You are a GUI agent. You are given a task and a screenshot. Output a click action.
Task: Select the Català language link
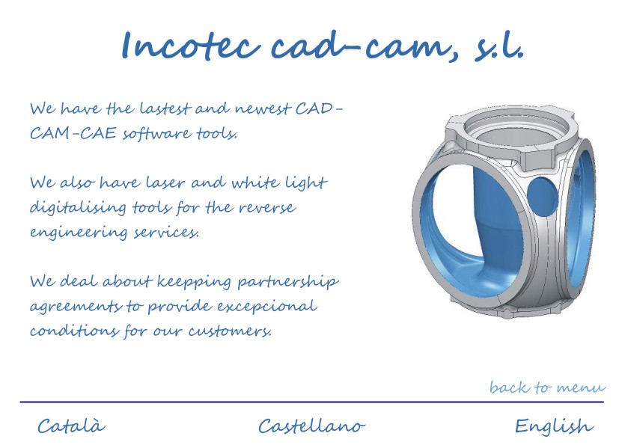pos(71,426)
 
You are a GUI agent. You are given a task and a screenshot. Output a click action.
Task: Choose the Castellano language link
pos(311,426)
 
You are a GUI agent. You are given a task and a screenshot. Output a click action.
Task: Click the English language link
pos(554,426)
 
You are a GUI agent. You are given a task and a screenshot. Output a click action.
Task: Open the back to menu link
pos(547,387)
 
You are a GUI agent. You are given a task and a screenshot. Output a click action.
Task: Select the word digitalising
pos(78,207)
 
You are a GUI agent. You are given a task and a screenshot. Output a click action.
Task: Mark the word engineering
pos(78,233)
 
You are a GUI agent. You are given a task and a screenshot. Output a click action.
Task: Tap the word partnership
pos(288,282)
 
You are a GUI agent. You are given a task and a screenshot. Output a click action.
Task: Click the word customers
pos(230,331)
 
